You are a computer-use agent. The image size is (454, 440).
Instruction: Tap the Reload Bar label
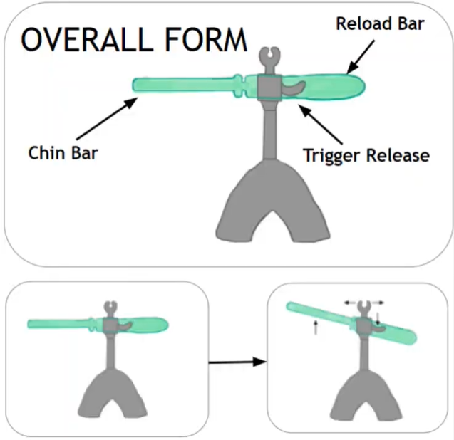(380, 23)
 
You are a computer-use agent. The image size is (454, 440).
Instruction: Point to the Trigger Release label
(366, 154)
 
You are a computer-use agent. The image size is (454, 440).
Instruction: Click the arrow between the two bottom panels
(237, 362)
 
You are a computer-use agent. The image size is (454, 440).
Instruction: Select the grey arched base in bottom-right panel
(363, 395)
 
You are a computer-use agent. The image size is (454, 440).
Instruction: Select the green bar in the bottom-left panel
(64, 324)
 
